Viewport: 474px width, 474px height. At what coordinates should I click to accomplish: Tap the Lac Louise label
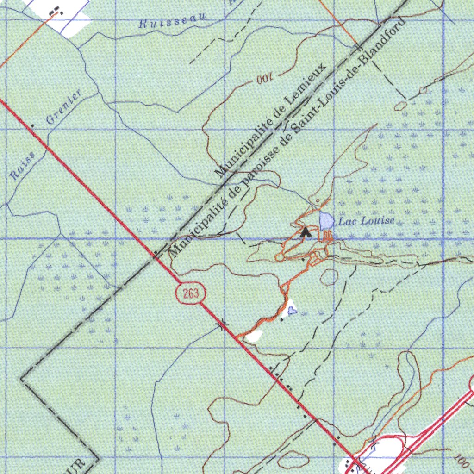366,221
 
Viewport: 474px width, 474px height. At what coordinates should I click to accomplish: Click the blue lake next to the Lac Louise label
326,219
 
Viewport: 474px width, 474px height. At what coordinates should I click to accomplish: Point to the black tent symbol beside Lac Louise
305,232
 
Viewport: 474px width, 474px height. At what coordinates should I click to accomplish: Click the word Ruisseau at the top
172,20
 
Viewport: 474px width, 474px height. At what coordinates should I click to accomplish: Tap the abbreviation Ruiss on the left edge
22,167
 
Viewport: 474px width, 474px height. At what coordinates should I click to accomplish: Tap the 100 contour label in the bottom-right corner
461,460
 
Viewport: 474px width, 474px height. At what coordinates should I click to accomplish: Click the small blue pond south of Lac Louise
293,310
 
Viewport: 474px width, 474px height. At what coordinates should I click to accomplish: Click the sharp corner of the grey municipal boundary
21,379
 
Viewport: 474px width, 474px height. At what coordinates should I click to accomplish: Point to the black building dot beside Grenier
32,125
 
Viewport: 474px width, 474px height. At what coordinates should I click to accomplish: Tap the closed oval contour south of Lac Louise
329,277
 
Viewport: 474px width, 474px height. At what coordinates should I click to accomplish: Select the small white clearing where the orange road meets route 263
254,336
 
